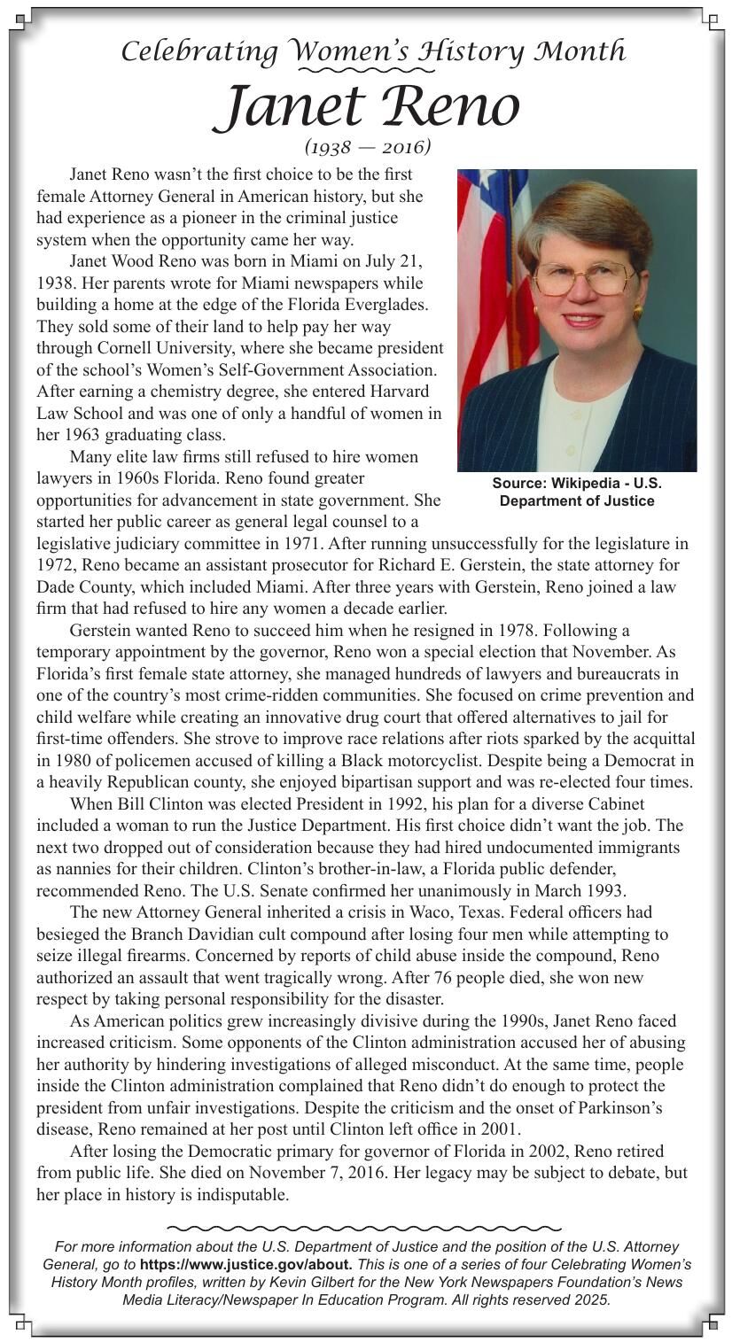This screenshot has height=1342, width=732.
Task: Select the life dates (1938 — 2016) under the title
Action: (367, 146)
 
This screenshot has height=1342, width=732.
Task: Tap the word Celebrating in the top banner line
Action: (199, 51)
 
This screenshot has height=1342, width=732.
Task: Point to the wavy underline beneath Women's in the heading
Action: (364, 69)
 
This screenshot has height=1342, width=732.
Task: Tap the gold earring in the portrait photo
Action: (637, 312)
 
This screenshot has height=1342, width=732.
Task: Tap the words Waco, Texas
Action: (504, 912)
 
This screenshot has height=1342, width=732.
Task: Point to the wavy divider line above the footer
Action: (364, 1228)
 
